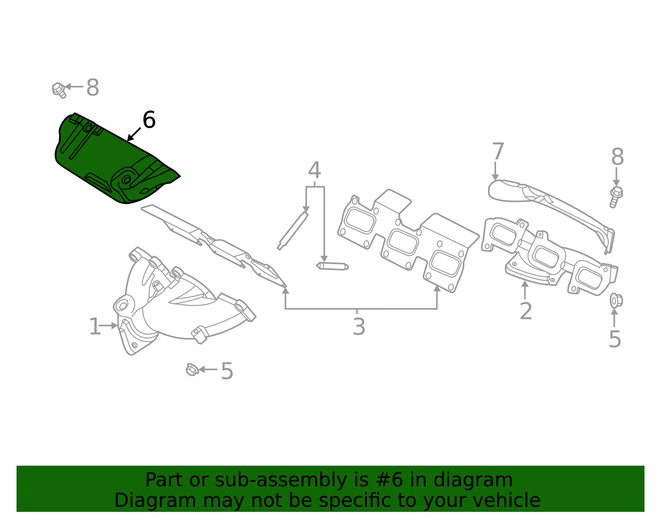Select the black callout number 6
pyautogui.click(x=149, y=120)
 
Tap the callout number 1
pyautogui.click(x=95, y=327)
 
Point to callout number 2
pyautogui.click(x=525, y=311)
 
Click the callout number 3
pyautogui.click(x=359, y=327)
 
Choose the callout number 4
pyautogui.click(x=314, y=170)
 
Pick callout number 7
pyautogui.click(x=498, y=152)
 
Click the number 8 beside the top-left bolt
pyautogui.click(x=93, y=88)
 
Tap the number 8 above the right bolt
pyautogui.click(x=617, y=157)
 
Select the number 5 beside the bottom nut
pyautogui.click(x=227, y=371)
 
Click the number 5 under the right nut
pyautogui.click(x=615, y=340)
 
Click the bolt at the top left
pyautogui.click(x=59, y=90)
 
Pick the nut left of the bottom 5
pyautogui.click(x=192, y=369)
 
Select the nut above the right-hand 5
pyautogui.click(x=616, y=300)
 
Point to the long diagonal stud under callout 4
pyautogui.click(x=292, y=231)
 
